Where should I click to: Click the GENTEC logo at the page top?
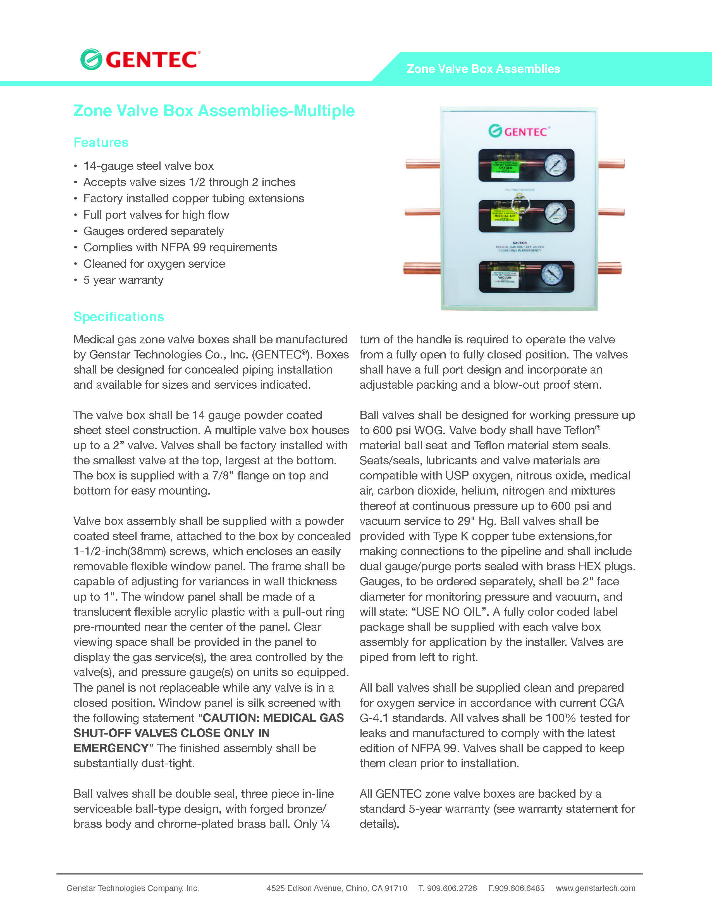(140, 60)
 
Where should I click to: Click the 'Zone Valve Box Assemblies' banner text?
(483, 69)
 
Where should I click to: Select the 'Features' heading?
(101, 142)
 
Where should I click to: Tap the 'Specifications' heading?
(118, 317)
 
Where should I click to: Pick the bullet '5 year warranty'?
(123, 280)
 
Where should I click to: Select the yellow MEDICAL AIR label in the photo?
(505, 216)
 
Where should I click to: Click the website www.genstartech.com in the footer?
(595, 888)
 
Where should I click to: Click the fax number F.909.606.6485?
(516, 888)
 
